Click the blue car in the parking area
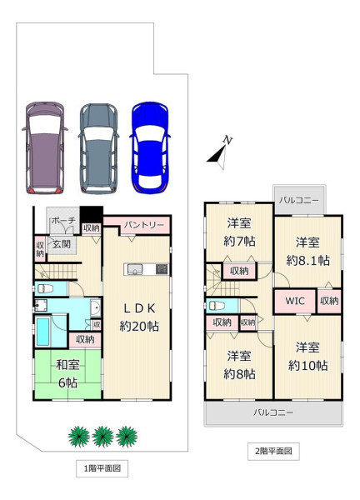pos(149,147)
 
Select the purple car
pos(45,148)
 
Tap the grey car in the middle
pos(98,148)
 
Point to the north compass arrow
pos(220,152)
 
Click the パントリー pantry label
pos(144,225)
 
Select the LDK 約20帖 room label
pos(139,317)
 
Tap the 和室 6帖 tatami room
pos(67,373)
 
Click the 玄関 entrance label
pos(62,244)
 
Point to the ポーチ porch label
pos(63,220)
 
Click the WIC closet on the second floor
pos(295,301)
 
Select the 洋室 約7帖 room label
pos(239,232)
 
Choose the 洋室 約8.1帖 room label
pos(307,252)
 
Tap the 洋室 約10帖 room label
pos(307,357)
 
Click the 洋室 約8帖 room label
pos(239,365)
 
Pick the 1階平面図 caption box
pos(102,468)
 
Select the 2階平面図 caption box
pos(273,451)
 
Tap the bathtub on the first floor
pos(42,332)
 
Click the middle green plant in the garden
pos(102,437)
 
